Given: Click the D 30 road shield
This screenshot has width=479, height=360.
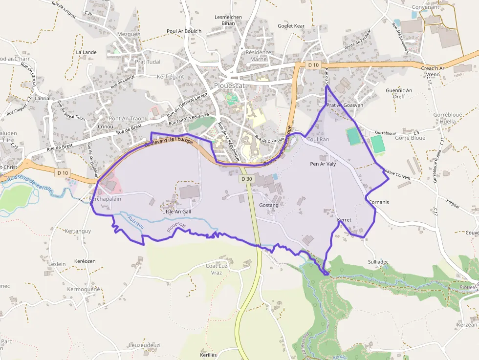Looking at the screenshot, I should [x=247, y=179].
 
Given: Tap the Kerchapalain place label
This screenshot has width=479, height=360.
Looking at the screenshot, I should [x=105, y=199].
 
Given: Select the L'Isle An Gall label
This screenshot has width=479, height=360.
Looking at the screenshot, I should [x=176, y=212].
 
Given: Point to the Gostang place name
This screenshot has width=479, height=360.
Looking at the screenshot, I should [x=269, y=205].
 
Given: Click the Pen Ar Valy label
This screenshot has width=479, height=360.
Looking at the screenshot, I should [x=323, y=164].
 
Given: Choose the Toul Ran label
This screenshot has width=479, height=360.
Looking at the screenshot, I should [x=318, y=139].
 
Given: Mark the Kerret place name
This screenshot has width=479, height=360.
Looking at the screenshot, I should [x=344, y=220].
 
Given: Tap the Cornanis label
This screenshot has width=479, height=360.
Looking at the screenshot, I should [x=379, y=202].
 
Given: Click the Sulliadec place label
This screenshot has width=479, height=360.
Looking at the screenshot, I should [x=378, y=262].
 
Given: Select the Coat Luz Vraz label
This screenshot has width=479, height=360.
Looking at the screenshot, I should [x=217, y=269].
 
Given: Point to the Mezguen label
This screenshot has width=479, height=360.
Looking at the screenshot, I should [x=129, y=34].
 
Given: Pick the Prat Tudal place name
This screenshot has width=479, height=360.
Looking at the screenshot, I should [x=141, y=62].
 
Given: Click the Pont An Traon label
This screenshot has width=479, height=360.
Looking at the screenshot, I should [x=127, y=119].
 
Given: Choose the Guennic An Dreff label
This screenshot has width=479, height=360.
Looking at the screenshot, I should [x=399, y=93].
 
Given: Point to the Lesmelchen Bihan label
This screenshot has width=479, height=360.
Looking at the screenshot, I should [x=228, y=20].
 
